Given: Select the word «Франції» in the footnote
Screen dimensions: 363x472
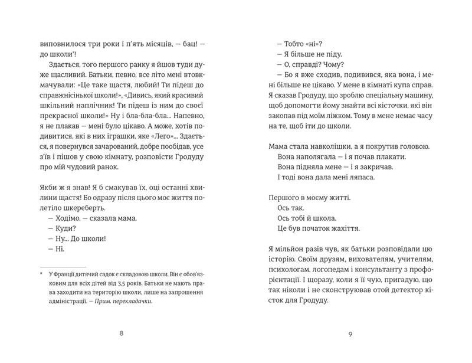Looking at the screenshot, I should (67, 274).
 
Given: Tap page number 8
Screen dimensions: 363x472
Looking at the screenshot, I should (121, 335).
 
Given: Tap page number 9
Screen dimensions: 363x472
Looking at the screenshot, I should (350, 335).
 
